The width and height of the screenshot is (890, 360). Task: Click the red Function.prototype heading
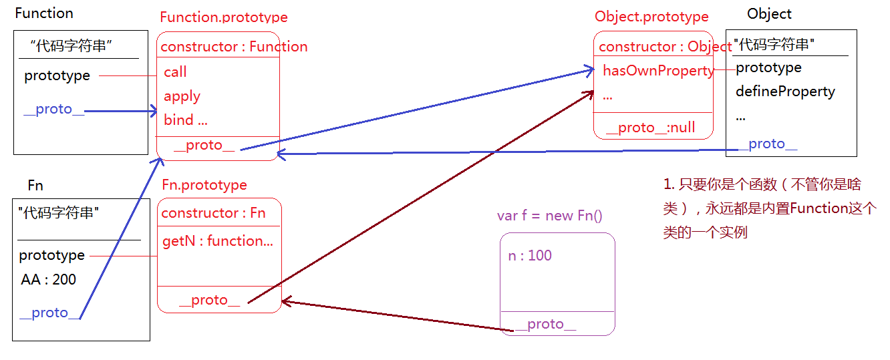pyautogui.click(x=224, y=17)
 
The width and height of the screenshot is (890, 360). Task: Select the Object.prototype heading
pyautogui.click(x=651, y=17)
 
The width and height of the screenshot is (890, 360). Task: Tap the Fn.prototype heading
pyautogui.click(x=204, y=185)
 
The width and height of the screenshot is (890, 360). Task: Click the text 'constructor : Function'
pyautogui.click(x=234, y=47)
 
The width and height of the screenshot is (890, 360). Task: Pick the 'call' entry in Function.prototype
pyautogui.click(x=175, y=72)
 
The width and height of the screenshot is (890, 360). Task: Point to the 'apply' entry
pyautogui.click(x=182, y=96)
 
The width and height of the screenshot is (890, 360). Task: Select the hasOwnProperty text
pyautogui.click(x=658, y=71)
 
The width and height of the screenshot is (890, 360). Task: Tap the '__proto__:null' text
pyautogui.click(x=650, y=128)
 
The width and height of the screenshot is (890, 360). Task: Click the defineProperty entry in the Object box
pyautogui.click(x=785, y=92)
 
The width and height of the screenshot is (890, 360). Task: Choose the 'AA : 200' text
pyautogui.click(x=48, y=280)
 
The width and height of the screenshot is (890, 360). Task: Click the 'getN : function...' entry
pyautogui.click(x=217, y=241)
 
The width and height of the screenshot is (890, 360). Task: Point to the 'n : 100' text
pyautogui.click(x=530, y=256)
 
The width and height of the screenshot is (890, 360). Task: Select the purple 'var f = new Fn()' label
pyautogui.click(x=550, y=215)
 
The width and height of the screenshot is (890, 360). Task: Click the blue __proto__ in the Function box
pyautogui.click(x=53, y=110)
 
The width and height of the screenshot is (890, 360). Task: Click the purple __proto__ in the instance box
pyautogui.click(x=545, y=325)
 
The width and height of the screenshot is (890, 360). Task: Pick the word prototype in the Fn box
pyautogui.click(x=51, y=255)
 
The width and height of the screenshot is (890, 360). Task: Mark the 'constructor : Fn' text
pyautogui.click(x=213, y=213)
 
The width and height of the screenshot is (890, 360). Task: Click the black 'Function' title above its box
pyautogui.click(x=44, y=13)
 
